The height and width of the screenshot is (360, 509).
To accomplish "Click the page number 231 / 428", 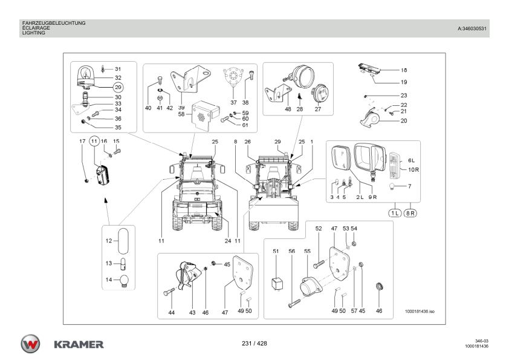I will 254,344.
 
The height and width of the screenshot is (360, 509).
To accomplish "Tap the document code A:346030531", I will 473,28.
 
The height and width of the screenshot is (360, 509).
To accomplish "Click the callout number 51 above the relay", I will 276,251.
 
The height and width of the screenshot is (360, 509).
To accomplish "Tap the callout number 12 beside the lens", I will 109,241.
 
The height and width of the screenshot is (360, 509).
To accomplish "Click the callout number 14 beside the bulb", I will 109,280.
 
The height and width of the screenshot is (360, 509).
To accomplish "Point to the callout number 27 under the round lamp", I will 318,110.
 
